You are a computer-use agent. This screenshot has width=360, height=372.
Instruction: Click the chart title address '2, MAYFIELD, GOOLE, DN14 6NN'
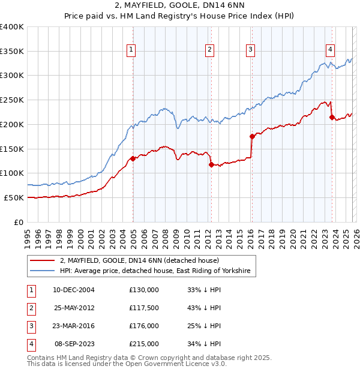click(x=180, y=5)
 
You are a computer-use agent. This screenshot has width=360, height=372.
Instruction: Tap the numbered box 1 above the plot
click(x=131, y=50)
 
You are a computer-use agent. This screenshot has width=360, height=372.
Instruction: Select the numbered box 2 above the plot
click(x=209, y=50)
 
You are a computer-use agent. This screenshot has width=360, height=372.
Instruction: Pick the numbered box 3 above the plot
click(x=250, y=50)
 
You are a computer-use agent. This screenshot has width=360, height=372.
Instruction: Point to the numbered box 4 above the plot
click(x=330, y=50)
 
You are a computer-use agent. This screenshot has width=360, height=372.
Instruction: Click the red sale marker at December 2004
click(x=133, y=158)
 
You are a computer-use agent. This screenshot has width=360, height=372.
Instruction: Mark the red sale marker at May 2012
click(x=211, y=164)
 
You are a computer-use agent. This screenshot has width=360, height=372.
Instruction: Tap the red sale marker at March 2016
click(x=252, y=136)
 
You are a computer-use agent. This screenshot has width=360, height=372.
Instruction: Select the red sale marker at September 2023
click(x=332, y=117)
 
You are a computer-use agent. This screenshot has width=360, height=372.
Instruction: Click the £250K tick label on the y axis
click(x=12, y=100)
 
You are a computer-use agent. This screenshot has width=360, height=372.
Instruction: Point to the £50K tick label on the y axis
click(x=14, y=197)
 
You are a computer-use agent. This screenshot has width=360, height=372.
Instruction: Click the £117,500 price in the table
click(x=144, y=307)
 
